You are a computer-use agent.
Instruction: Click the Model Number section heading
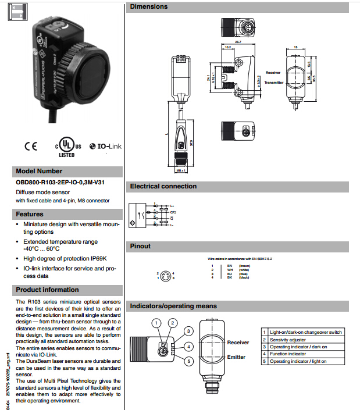point(39,172)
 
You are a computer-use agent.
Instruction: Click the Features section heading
point(30,214)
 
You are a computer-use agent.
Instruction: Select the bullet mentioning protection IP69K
point(65,258)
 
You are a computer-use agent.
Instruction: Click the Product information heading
point(47,290)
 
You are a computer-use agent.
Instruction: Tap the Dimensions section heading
point(148,7)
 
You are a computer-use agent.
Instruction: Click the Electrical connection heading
point(163,187)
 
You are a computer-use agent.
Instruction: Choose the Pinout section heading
point(141,246)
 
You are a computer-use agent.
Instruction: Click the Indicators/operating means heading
point(173,306)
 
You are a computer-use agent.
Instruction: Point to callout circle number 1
point(156,323)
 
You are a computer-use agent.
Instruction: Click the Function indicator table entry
point(287,354)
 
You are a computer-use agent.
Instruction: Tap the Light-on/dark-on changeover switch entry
point(306,332)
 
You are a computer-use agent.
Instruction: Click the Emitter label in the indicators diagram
point(237,358)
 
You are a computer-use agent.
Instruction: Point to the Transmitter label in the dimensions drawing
point(274,83)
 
